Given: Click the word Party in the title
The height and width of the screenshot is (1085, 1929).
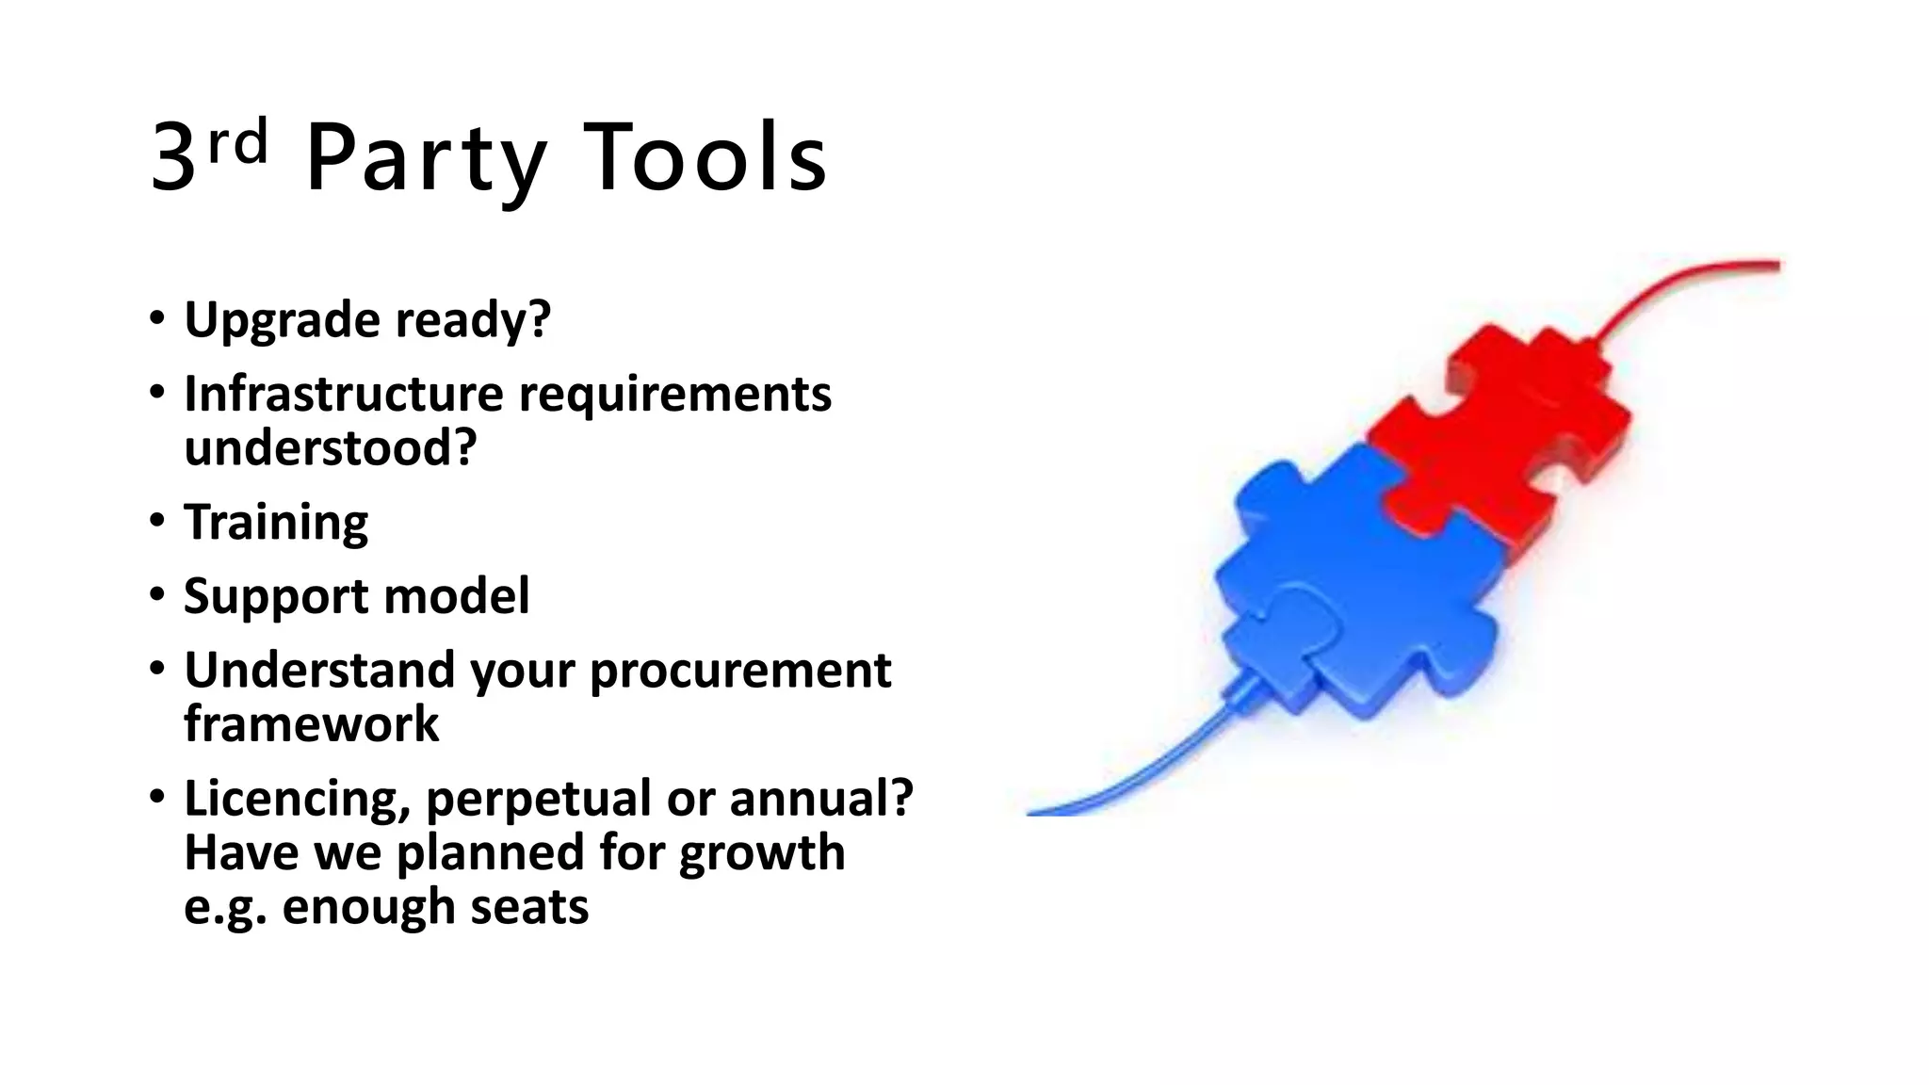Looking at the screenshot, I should [x=426, y=160].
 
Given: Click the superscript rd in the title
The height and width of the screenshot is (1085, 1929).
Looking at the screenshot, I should [x=237, y=143].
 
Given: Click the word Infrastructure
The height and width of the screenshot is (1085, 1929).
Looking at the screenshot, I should [x=343, y=394].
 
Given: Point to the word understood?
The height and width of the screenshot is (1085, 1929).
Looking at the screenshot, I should [x=330, y=448].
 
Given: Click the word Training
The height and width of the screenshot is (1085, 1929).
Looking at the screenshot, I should [x=276, y=523].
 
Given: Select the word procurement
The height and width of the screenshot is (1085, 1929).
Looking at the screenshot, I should [x=740, y=671].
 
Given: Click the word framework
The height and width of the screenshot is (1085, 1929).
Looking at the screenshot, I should [x=311, y=724].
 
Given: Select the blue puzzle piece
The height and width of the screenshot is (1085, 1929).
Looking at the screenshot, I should [x=1356, y=584].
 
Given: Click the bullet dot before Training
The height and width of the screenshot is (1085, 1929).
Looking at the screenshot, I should [x=157, y=521].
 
